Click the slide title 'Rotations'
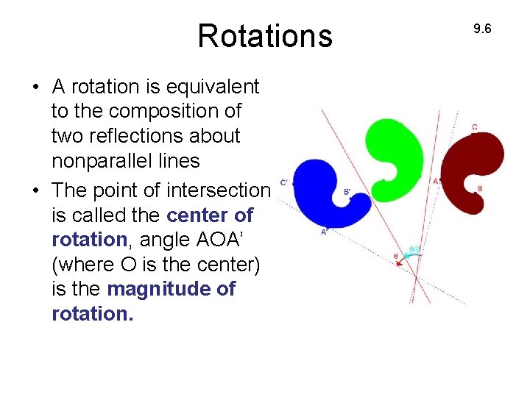click(265, 36)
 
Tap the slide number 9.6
click(482, 29)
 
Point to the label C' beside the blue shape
click(284, 182)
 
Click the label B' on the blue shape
click(347, 192)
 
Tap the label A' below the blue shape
click(324, 232)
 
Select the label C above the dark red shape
click(475, 127)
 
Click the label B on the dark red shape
click(480, 189)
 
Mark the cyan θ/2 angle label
click(414, 250)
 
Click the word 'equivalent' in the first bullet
click(214, 87)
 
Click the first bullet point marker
click(35, 87)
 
